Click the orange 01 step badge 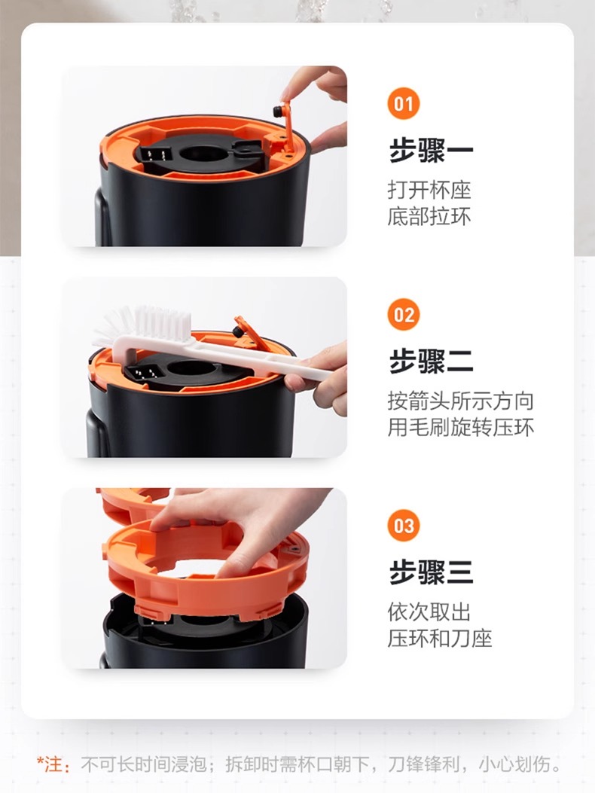click(x=403, y=104)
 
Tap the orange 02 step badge click(x=403, y=315)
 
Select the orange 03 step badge click(x=403, y=526)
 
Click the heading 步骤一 click(x=431, y=151)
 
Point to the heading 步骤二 click(x=431, y=361)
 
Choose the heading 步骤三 click(x=431, y=572)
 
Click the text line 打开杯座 click(x=429, y=191)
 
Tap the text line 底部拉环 click(x=429, y=216)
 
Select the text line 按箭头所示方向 click(x=461, y=401)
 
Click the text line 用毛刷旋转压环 click(x=461, y=427)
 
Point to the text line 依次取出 click(x=429, y=612)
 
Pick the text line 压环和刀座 click(x=440, y=639)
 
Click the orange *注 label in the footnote click(x=53, y=764)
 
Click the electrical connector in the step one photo click(x=153, y=154)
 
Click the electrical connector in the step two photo click(x=142, y=374)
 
